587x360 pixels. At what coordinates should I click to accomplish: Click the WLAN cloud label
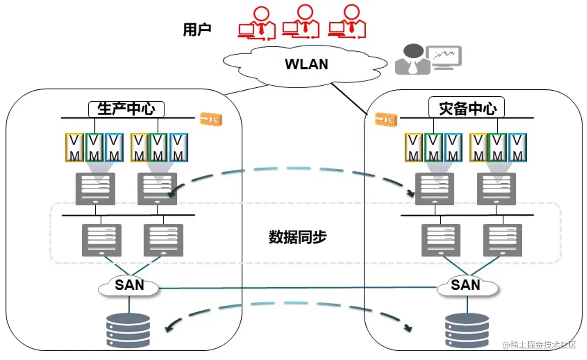point(306,64)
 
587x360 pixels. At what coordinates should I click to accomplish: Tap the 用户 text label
point(197,30)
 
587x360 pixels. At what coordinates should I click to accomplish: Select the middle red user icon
point(301,23)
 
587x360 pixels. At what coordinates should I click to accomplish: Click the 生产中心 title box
point(126,109)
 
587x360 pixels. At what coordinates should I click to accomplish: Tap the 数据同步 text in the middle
point(298,237)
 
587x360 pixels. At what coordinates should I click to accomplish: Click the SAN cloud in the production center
point(129,286)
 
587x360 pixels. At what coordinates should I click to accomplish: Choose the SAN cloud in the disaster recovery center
point(467,286)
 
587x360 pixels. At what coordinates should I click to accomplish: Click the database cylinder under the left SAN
point(128,330)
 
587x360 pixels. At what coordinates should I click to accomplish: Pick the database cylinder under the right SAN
point(467,330)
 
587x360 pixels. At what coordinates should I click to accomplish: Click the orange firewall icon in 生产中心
point(211,119)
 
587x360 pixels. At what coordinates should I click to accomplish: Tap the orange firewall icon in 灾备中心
point(386,120)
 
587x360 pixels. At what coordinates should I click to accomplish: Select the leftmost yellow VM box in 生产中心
point(74,148)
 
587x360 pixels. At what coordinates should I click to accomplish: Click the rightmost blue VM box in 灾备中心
point(518,148)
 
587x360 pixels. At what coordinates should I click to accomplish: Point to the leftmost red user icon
point(256,23)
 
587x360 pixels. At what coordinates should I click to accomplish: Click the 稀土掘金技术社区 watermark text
point(541,345)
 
